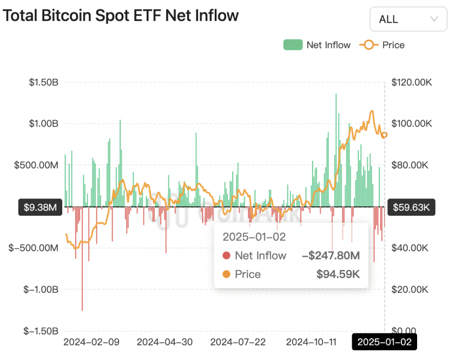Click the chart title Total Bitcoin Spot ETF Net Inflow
point(121,16)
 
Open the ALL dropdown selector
point(408,19)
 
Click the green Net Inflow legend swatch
point(293,45)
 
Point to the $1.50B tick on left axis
point(44,83)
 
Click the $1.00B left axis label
point(44,124)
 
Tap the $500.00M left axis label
point(37,165)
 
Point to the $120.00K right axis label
point(412,83)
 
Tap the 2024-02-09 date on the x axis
point(91,342)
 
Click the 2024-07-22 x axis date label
point(239,342)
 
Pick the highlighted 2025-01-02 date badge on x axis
point(385,342)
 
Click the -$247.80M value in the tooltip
point(331,256)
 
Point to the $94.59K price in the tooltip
point(338,275)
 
